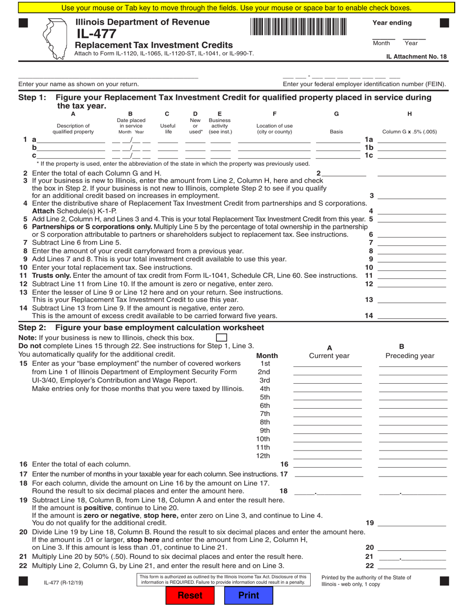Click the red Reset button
[190, 595]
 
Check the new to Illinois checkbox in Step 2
[222, 337]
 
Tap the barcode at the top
[298, 27]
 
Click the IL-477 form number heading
[96, 34]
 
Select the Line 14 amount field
[411, 315]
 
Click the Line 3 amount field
[411, 195]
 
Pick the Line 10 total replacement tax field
[411, 267]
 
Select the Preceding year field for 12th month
[413, 455]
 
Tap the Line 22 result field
[411, 566]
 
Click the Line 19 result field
[411, 523]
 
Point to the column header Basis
[337, 132]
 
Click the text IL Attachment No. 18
[416, 57]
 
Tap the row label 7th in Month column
[265, 414]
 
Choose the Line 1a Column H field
[411, 140]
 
